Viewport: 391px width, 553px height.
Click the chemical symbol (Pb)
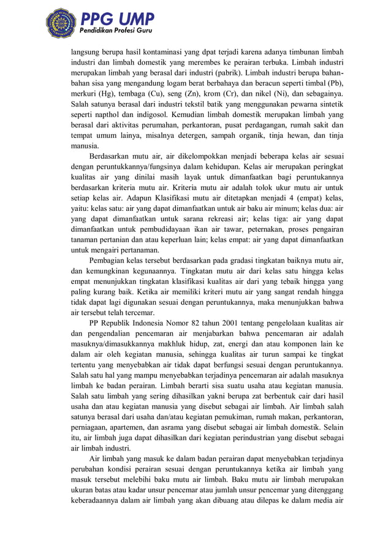(334, 83)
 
